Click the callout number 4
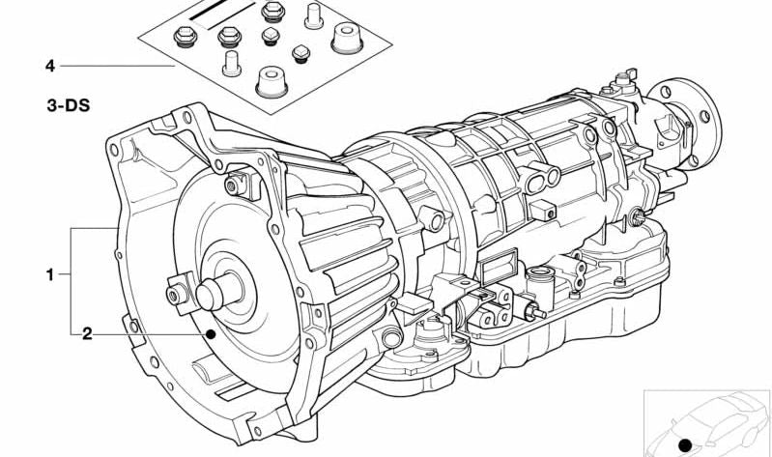pos(49,66)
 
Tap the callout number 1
pos(49,274)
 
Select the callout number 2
pos(87,334)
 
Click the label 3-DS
pos(69,105)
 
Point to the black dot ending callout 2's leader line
pos(211,335)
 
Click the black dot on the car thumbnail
pos(685,445)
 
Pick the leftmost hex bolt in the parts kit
pos(186,37)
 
